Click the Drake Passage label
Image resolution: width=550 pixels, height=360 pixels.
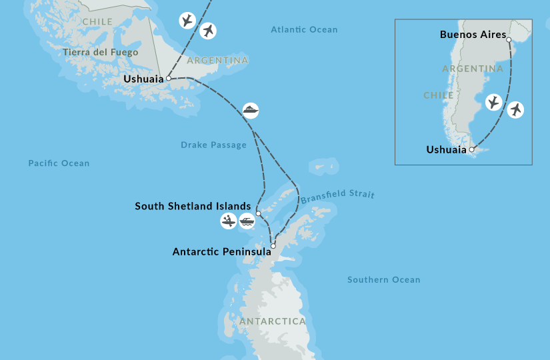[213, 145]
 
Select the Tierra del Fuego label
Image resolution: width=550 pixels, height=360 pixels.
[100, 52]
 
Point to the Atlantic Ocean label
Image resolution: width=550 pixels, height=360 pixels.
[304, 29]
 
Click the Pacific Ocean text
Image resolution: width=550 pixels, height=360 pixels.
[59, 163]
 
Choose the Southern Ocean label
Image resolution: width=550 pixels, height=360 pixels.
[383, 280]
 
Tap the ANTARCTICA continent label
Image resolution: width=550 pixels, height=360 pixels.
[272, 321]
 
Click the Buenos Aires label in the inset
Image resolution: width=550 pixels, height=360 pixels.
[473, 35]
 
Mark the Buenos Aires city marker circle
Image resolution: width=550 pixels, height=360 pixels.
[509, 40]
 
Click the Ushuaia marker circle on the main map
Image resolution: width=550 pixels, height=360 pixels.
[169, 78]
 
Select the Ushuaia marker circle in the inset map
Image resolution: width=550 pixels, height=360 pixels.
[471, 150]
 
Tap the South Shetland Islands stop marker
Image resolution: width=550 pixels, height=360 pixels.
[258, 214]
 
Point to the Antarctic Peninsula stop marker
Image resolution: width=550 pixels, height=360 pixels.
[273, 246]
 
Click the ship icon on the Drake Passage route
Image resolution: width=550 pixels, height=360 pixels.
[251, 110]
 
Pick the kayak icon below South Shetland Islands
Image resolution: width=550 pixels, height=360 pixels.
[229, 221]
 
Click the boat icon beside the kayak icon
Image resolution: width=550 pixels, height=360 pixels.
[247, 221]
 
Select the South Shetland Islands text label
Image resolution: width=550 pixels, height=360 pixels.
[193, 207]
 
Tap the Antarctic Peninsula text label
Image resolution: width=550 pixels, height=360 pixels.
[221, 252]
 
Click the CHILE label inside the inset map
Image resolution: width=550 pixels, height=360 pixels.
[438, 95]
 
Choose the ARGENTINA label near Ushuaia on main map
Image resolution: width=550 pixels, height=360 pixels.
[217, 61]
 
